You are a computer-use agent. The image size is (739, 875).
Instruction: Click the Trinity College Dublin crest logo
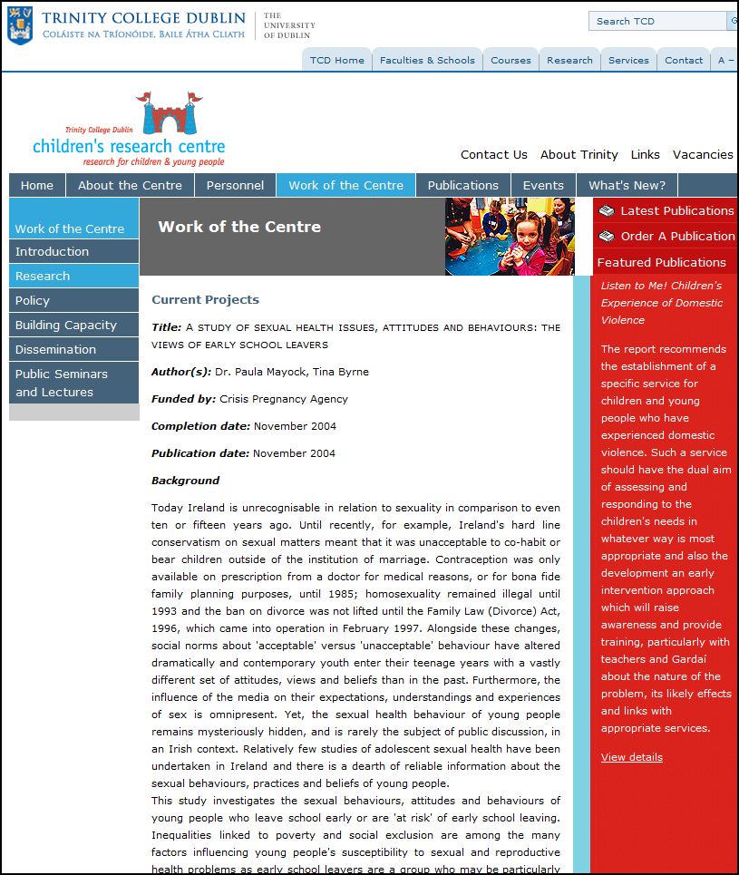[x=19, y=24]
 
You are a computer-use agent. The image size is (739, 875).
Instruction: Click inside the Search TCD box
[x=656, y=21]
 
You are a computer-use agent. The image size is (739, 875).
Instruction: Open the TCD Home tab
[x=336, y=60]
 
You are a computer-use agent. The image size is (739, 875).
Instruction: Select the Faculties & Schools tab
[x=427, y=60]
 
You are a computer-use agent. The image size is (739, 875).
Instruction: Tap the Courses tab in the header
[x=510, y=60]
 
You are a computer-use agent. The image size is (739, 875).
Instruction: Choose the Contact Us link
[x=493, y=154]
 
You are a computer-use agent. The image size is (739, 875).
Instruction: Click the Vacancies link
[x=703, y=154]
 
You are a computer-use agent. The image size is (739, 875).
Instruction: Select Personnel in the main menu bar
[x=235, y=185]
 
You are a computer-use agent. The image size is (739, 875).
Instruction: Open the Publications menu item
[x=462, y=185]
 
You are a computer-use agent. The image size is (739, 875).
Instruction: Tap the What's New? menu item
[x=627, y=185]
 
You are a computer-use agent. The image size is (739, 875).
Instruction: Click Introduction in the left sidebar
[x=52, y=251]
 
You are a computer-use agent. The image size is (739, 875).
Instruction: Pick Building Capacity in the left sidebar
[x=65, y=325]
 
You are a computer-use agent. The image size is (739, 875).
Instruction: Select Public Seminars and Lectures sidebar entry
[x=61, y=383]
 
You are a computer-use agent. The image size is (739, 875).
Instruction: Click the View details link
[x=631, y=757]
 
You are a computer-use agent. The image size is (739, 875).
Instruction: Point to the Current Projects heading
[x=205, y=299]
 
